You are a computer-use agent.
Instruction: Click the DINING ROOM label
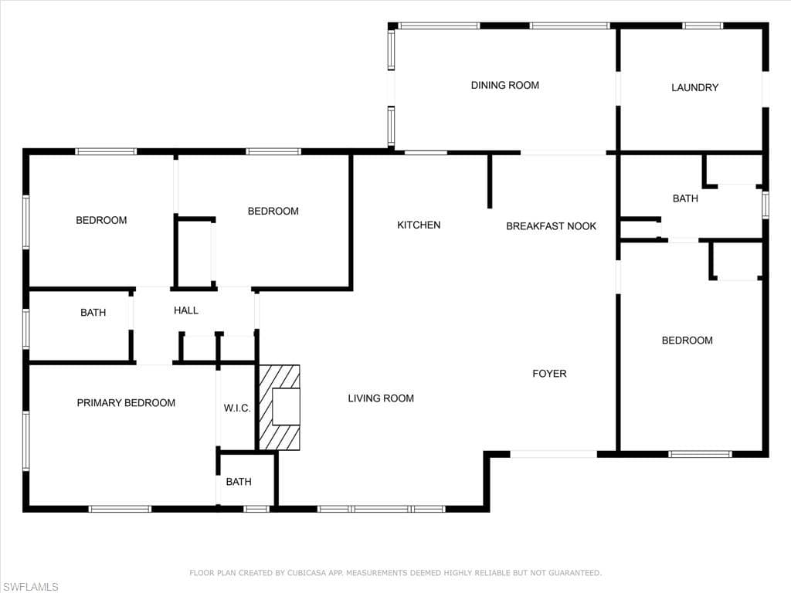[x=505, y=85]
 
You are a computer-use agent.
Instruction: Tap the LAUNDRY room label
[x=694, y=88]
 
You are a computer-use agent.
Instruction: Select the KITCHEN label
[x=419, y=225]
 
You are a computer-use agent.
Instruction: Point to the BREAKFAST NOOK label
[x=551, y=226]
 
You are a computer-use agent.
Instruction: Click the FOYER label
[x=549, y=374]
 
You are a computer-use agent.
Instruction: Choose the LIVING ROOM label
[x=381, y=398]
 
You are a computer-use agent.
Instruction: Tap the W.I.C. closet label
[x=237, y=408]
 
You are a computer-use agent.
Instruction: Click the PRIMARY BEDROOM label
[x=126, y=403]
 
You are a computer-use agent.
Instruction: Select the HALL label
[x=186, y=310]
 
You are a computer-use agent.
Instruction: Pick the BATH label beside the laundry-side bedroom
[x=686, y=198]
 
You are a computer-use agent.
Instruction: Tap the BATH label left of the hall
[x=93, y=313]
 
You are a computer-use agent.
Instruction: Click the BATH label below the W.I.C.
[x=239, y=482]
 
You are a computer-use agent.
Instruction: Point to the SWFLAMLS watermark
[x=31, y=587]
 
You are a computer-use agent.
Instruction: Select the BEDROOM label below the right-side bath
[x=687, y=341]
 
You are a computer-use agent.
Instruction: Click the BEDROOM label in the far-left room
[x=101, y=220]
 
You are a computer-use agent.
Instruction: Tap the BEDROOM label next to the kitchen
[x=273, y=212]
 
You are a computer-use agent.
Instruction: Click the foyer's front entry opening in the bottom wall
[x=553, y=454]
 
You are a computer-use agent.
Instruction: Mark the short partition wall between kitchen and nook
[x=489, y=181]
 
